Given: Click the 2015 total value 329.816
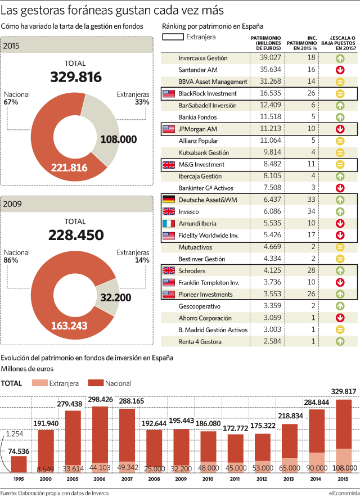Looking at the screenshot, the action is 76,77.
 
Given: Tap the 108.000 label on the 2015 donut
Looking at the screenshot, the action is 119,139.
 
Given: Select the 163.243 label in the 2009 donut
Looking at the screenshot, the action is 69,326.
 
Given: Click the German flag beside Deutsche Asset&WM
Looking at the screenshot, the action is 169,200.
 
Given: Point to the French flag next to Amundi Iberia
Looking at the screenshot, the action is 169,223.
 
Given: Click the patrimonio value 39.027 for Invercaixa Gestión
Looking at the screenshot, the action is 270,57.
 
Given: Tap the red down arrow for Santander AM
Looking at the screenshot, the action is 340,70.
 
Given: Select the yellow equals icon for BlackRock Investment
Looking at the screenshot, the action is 340,94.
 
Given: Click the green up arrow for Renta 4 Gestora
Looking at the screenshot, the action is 340,341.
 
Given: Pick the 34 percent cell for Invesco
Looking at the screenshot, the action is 311,211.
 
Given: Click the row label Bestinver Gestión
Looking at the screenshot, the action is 202,259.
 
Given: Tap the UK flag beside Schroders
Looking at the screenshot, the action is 169,270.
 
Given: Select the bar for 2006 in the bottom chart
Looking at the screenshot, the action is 100,440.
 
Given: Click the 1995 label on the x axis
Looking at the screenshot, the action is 19,479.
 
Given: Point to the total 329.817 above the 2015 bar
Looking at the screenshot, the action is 344,391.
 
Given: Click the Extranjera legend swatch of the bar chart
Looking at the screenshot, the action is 39,383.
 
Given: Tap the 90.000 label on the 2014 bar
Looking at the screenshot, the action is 317,468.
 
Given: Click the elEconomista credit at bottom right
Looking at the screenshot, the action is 344,493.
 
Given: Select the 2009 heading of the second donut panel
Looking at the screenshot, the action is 12,204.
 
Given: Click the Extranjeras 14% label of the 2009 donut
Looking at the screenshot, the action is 133,256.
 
